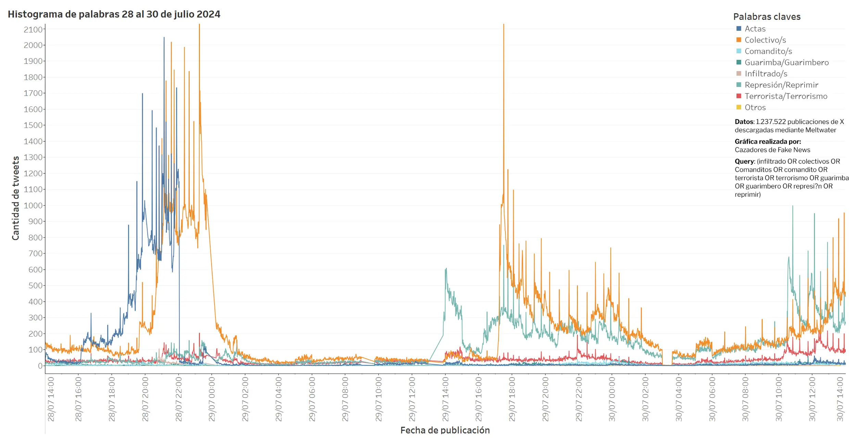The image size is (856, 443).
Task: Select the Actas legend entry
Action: coord(755,29)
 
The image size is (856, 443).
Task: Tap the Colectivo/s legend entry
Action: coord(765,40)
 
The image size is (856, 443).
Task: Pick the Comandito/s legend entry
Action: coord(768,51)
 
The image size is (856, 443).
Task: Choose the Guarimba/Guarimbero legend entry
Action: coord(786,63)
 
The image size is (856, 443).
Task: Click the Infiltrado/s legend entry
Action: coord(766,74)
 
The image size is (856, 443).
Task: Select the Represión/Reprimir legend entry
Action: coord(781,85)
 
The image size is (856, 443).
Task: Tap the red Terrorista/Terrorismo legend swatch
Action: coord(739,96)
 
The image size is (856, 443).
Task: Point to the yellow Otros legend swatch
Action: coord(739,107)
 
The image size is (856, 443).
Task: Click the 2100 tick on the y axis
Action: coord(33,30)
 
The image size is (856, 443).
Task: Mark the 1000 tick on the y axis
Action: coord(33,206)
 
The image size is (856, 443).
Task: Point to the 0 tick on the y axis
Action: coord(40,366)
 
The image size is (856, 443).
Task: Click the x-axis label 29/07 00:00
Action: coord(212,399)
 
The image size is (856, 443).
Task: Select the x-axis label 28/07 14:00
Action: coord(51,399)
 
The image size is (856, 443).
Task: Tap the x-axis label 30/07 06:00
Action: coord(712,399)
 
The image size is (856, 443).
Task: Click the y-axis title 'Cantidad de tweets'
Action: coord(15,198)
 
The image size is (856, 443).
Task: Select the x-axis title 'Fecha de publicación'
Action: coord(445,430)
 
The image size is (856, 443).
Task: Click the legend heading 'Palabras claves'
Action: coord(767,17)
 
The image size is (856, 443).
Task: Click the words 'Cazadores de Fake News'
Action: coord(772,150)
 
